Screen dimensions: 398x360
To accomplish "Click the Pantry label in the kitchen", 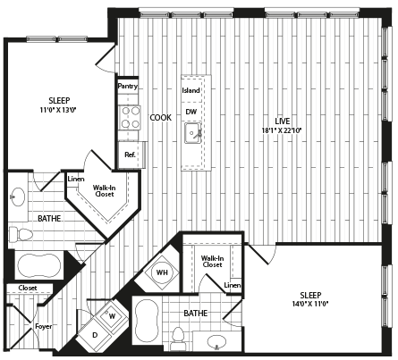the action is coord(128,86).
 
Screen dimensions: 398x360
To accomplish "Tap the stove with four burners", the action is coord(130,118).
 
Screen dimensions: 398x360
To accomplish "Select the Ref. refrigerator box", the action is coord(131,155).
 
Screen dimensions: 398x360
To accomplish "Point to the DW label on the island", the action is coord(191,112).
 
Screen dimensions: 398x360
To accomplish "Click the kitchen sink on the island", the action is coord(193,133).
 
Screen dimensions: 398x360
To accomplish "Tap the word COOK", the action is coord(161,118).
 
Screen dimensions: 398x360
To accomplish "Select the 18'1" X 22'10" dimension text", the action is coord(282,130).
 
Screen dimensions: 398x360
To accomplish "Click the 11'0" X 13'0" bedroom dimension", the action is coord(59,110).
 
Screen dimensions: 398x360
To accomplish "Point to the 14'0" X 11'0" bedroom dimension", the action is coord(310,304).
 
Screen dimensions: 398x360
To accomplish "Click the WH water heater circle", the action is coord(162,272).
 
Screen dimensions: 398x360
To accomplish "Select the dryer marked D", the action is coord(95,335).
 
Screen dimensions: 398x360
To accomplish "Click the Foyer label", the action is coord(44,326).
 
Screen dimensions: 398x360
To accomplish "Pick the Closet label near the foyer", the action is coord(28,288).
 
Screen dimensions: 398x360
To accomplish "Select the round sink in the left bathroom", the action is coord(18,197).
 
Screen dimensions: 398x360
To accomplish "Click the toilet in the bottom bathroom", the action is coord(178,339).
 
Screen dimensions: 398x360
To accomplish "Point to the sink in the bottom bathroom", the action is coord(217,341).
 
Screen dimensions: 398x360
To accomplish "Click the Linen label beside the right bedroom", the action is coord(233,285).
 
